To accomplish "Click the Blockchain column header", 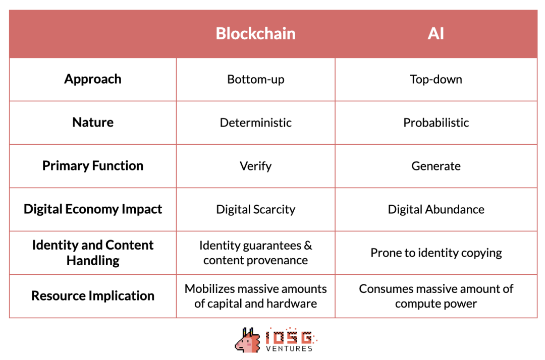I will [x=255, y=33].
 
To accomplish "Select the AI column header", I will [x=435, y=33].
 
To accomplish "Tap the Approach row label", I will [x=93, y=79].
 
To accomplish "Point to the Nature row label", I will [x=93, y=123].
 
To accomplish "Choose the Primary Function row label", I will [x=93, y=166].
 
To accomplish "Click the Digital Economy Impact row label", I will [x=93, y=209].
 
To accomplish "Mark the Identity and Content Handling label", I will [x=93, y=253].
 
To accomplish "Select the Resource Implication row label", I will [x=93, y=296].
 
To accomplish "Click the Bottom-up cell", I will [x=255, y=80].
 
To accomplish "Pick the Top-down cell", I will [x=436, y=80].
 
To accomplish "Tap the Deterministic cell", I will [x=255, y=123].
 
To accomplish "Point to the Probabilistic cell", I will [x=436, y=123].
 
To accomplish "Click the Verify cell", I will [x=255, y=166].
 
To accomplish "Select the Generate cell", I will [x=436, y=166].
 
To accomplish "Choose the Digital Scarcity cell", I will [x=255, y=210].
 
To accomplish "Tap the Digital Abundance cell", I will [x=436, y=210].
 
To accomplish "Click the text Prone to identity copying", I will [x=436, y=253].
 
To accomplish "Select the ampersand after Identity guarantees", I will [x=308, y=246].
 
